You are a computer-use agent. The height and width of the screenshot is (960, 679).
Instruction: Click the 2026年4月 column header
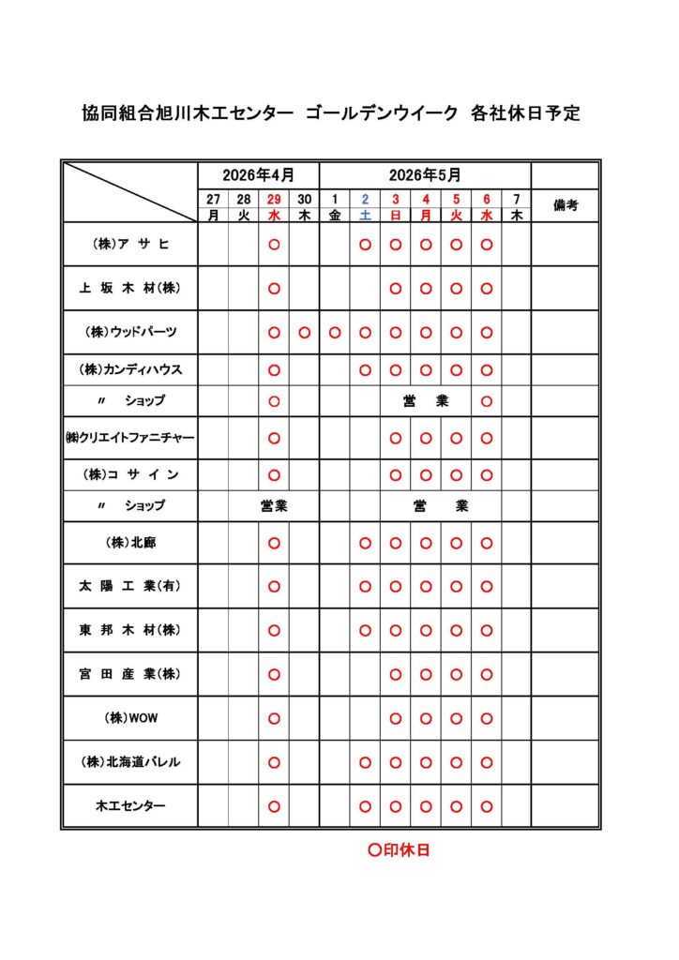[x=258, y=175]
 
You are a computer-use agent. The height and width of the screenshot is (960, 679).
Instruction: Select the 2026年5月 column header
[x=425, y=175]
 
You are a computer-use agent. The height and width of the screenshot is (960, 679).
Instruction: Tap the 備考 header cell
[x=566, y=205]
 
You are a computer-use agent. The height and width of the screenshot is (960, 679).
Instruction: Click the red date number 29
[x=274, y=199]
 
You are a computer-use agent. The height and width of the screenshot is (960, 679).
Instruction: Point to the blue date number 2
[x=365, y=199]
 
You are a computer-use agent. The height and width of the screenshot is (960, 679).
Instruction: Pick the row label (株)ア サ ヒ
[x=129, y=244]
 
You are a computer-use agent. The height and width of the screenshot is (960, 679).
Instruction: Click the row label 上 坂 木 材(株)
[x=129, y=288]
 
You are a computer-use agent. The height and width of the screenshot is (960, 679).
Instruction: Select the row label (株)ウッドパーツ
[x=129, y=332]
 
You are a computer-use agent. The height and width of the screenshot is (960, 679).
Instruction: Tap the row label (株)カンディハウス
[x=129, y=369]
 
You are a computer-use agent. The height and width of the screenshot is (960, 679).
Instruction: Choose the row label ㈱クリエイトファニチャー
[x=129, y=437]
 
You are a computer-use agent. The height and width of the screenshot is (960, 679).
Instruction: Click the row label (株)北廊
[x=129, y=542]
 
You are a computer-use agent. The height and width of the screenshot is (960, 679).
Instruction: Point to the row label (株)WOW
[x=129, y=718]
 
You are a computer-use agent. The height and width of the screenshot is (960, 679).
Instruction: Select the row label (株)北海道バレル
[x=129, y=762]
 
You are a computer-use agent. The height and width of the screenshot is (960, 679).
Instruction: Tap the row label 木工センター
[x=129, y=805]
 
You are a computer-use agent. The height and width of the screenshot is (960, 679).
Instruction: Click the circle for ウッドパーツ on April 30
[x=304, y=332]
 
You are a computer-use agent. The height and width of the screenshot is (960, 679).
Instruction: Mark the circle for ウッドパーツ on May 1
[x=335, y=332]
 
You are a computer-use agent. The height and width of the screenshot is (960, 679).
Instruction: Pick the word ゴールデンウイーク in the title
[x=382, y=114]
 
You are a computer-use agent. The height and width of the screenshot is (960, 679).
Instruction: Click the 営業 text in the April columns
[x=274, y=505]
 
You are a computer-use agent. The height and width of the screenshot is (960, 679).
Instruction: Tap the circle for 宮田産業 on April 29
[x=274, y=674]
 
